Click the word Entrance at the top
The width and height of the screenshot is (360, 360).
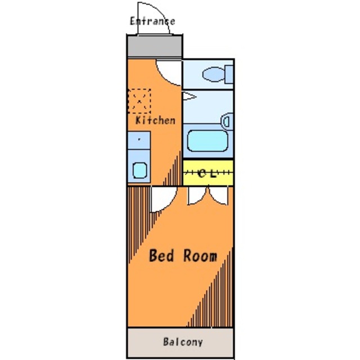click(x=152, y=21)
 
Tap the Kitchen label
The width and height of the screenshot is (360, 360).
click(x=155, y=120)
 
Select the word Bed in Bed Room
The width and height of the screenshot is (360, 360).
click(x=161, y=255)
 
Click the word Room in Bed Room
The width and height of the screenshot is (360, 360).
click(x=200, y=255)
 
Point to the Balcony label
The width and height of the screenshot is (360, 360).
click(x=183, y=342)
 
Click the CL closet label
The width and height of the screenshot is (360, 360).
click(x=207, y=174)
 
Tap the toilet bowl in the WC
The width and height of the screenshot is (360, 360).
click(x=214, y=74)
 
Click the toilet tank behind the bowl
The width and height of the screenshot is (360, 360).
click(x=229, y=74)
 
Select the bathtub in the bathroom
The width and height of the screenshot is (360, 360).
click(x=208, y=141)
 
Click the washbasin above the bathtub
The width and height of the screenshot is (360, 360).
click(x=227, y=121)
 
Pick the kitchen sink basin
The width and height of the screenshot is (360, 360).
click(x=139, y=170)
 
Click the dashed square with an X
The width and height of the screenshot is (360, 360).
click(x=139, y=101)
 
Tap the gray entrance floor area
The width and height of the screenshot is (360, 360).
click(x=155, y=46)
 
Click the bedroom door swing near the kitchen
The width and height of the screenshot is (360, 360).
click(x=169, y=204)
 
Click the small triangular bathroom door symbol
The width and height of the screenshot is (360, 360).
click(x=189, y=96)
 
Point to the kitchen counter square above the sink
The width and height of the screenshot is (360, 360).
click(x=139, y=140)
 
